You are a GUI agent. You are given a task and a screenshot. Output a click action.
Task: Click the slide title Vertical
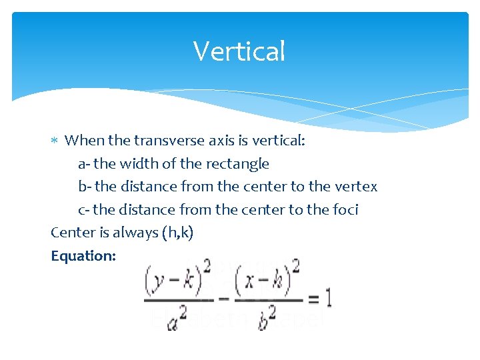(x=239, y=51)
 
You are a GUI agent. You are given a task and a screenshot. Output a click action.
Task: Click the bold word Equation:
(x=83, y=256)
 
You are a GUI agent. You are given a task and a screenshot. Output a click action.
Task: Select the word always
(x=133, y=233)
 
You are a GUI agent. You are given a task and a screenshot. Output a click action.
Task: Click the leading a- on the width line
(x=85, y=163)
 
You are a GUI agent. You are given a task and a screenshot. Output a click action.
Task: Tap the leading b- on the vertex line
(x=85, y=187)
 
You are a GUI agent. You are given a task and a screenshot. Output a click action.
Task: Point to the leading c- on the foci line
(x=84, y=210)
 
